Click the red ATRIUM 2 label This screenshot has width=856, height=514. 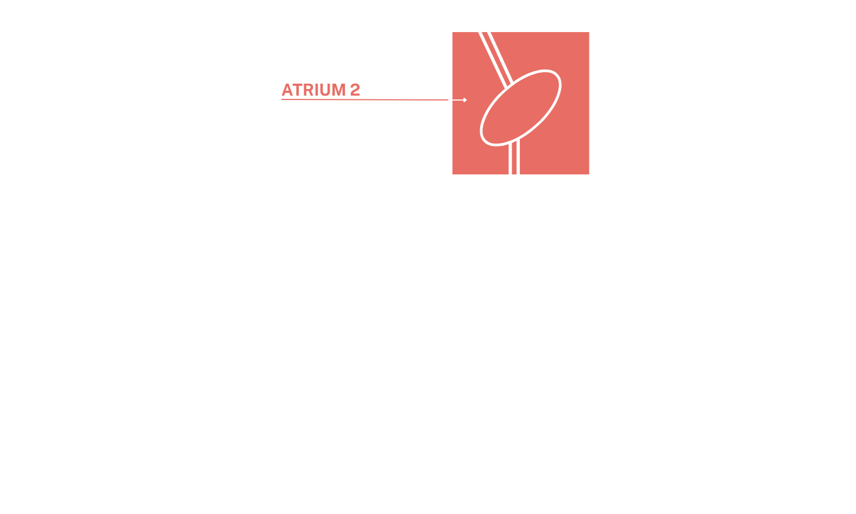point(320,90)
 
